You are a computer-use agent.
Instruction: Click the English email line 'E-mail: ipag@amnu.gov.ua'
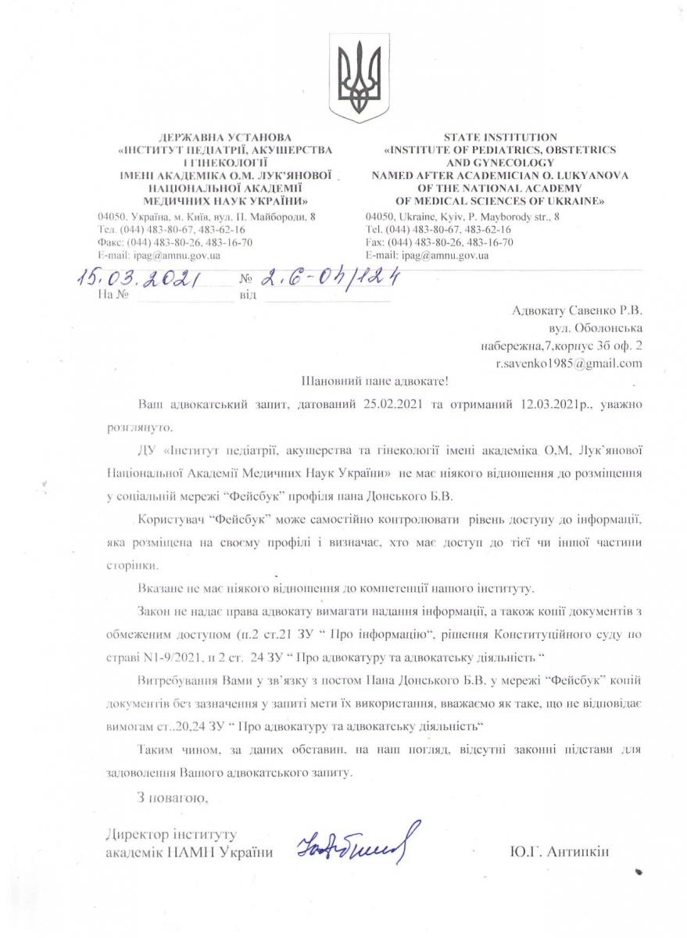(x=427, y=255)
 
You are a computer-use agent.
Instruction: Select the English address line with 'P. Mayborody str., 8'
(x=462, y=217)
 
